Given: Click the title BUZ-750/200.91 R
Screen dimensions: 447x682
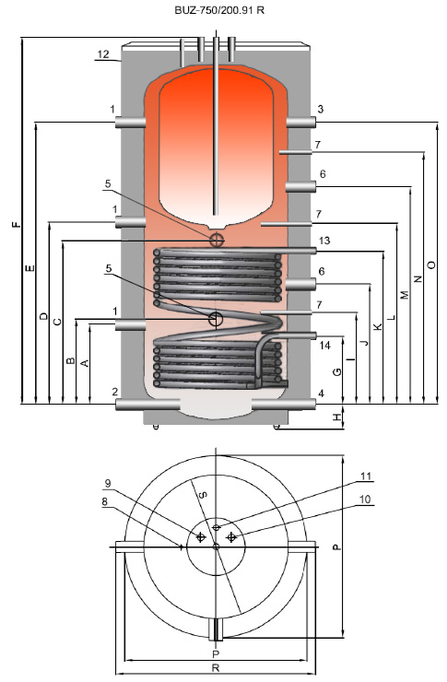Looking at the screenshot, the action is click(219, 10).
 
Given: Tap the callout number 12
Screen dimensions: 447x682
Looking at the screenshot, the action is click(103, 54).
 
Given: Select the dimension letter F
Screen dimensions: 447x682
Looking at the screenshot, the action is click(16, 225).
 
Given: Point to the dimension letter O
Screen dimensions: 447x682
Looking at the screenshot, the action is click(431, 265).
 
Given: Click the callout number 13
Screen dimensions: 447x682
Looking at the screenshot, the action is click(323, 241).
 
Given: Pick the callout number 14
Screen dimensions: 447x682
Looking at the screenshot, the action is click(324, 346).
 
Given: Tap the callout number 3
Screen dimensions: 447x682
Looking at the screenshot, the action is click(320, 109).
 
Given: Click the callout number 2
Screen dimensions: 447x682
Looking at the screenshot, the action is click(115, 392).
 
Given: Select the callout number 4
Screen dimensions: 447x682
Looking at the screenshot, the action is click(321, 394).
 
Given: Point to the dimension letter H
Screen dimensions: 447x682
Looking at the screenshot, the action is click(337, 417).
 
